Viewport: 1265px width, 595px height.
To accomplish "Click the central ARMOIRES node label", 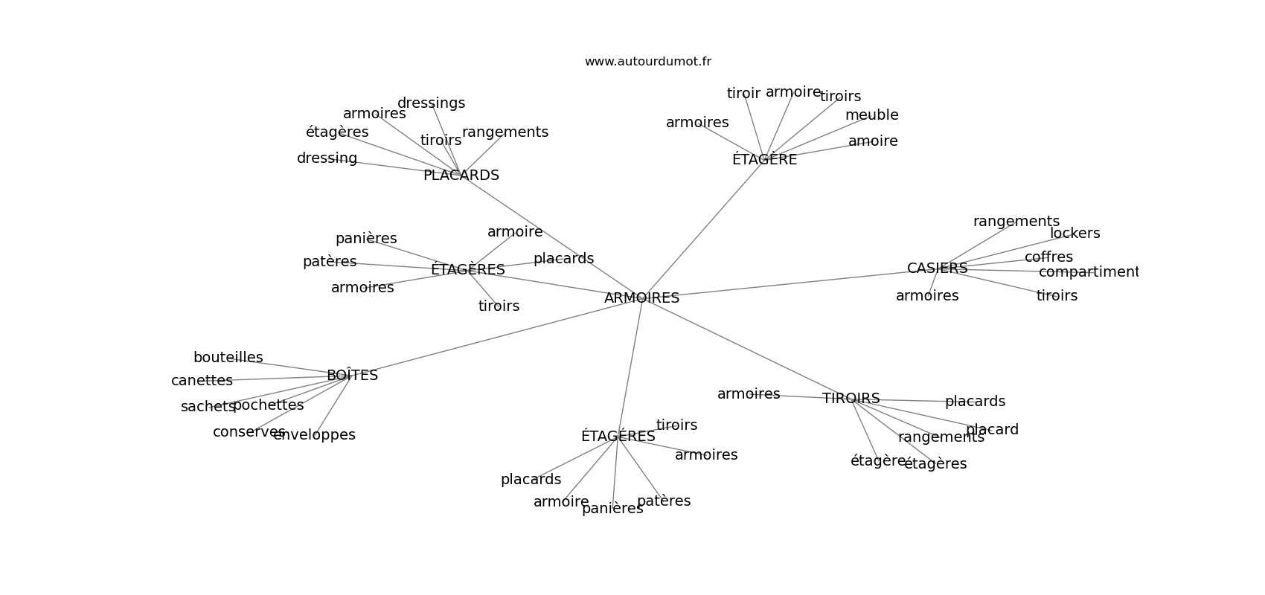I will pyautogui.click(x=641, y=298).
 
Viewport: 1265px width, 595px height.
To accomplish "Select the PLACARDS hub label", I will pyautogui.click(x=461, y=176).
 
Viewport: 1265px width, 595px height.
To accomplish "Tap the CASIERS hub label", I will pyautogui.click(x=937, y=268).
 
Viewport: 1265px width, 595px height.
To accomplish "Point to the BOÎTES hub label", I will pyautogui.click(x=352, y=376).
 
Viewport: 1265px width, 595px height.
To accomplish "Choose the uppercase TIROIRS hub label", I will pyautogui.click(x=851, y=399).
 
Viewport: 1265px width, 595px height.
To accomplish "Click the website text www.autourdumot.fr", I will pyautogui.click(x=647, y=62).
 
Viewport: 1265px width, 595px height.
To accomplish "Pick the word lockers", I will pyautogui.click(x=1075, y=234).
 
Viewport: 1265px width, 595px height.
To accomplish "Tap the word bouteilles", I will pyautogui.click(x=228, y=358).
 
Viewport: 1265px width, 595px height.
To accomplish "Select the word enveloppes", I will pyautogui.click(x=314, y=435).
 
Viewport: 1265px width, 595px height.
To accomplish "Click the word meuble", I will pyautogui.click(x=871, y=115).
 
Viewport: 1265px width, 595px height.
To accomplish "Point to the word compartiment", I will pyautogui.click(x=1088, y=272).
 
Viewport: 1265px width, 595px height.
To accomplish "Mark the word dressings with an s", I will pyautogui.click(x=431, y=103).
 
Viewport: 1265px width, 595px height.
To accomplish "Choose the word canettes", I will pyautogui.click(x=202, y=381).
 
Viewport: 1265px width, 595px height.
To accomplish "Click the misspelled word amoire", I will pyautogui.click(x=873, y=141).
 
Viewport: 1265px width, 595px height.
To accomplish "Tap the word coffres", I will pyautogui.click(x=1048, y=257).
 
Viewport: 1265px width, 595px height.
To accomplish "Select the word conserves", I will pyautogui.click(x=249, y=432).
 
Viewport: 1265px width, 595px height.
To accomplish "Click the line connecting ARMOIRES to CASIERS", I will pyautogui.click(x=789, y=283).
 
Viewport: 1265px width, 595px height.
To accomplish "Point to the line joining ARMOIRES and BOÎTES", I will pyautogui.click(x=499, y=336).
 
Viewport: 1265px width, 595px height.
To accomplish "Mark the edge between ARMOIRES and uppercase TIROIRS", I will pyautogui.click(x=744, y=348).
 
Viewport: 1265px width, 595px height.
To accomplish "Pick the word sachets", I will pyautogui.click(x=208, y=407).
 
